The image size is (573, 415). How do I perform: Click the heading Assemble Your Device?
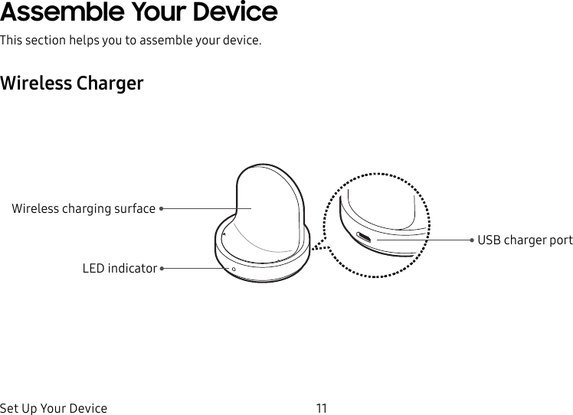click(139, 13)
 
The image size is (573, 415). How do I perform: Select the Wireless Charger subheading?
click(72, 83)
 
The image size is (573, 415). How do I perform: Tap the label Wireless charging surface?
click(83, 208)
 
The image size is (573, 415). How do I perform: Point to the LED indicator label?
click(120, 269)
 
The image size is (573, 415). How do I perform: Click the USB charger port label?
click(525, 240)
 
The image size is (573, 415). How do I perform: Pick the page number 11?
click(321, 408)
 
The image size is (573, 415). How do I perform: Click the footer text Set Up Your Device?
click(54, 408)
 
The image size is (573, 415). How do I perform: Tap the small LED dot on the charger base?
click(234, 269)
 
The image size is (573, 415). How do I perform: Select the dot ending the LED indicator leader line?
click(162, 269)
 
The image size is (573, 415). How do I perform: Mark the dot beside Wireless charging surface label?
click(162, 208)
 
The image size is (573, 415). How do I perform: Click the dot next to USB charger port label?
click(473, 240)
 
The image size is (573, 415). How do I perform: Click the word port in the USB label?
click(560, 240)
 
